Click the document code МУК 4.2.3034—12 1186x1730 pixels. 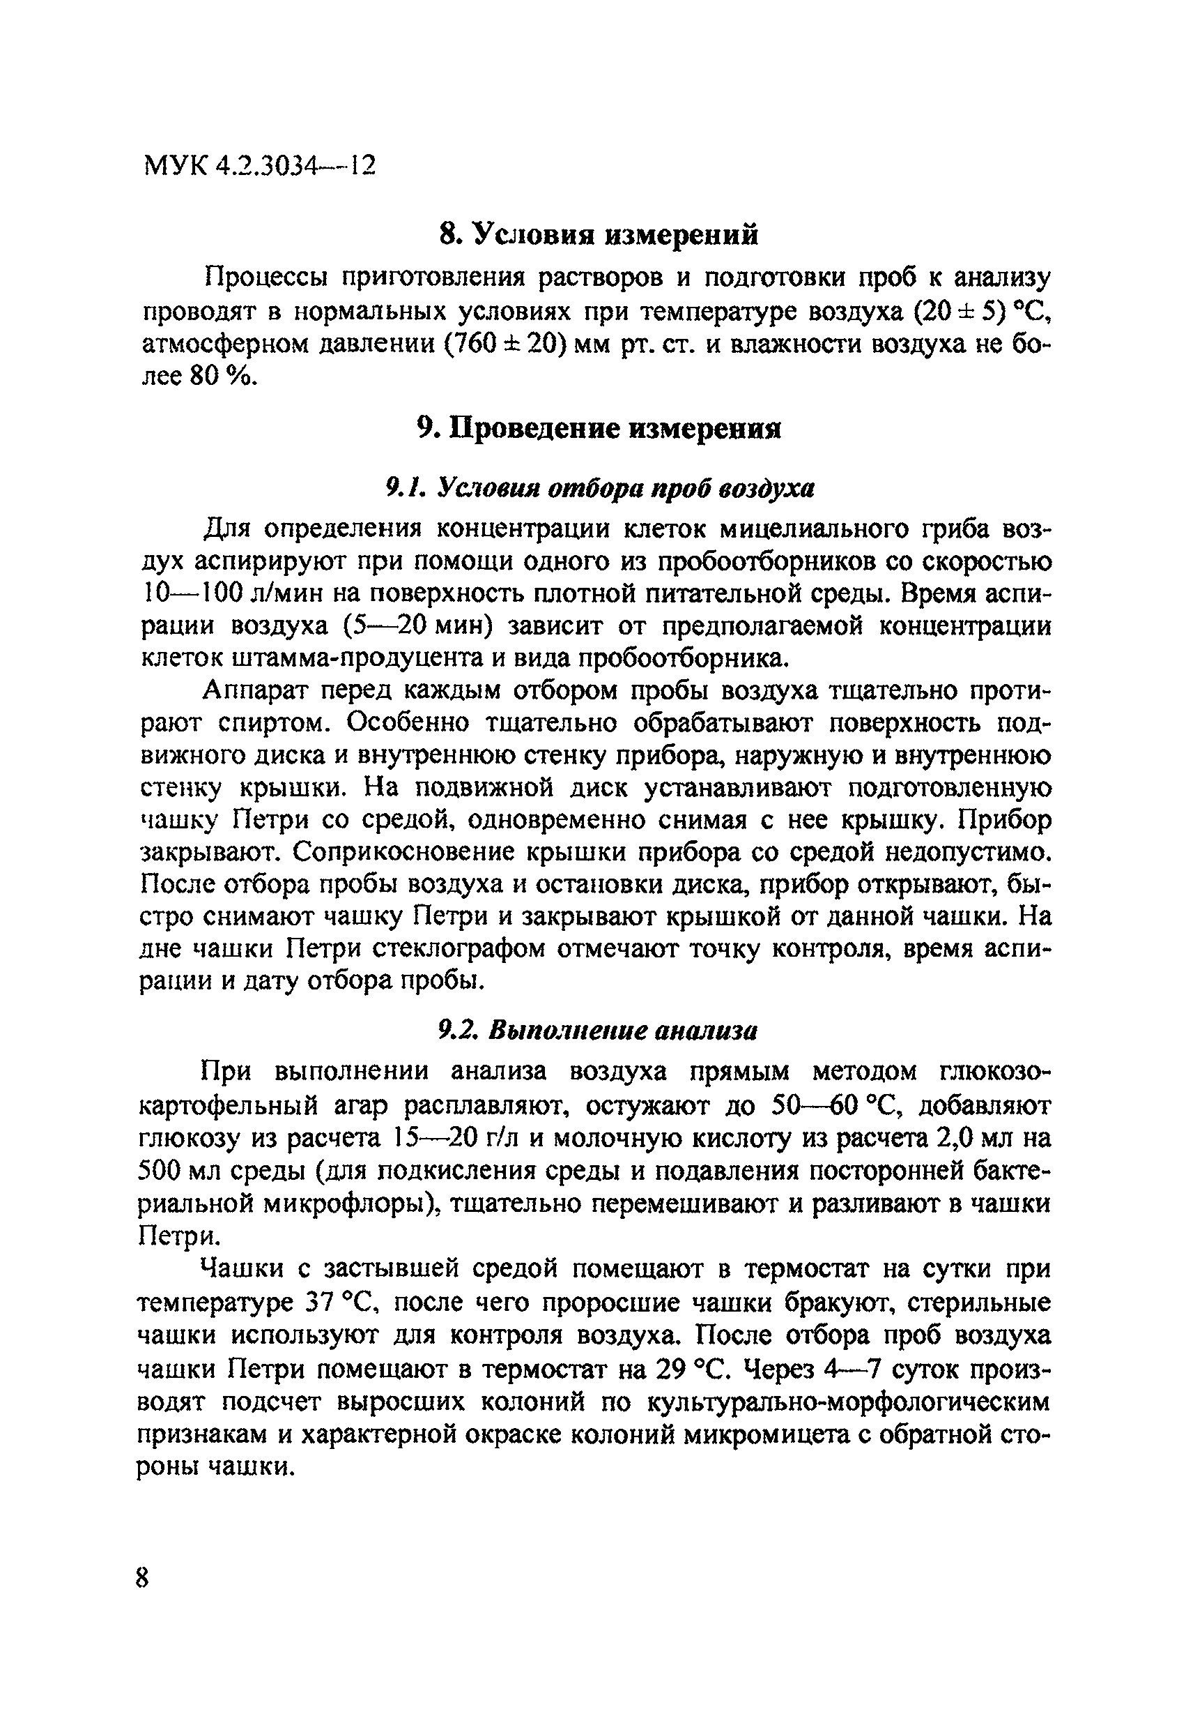pos(259,165)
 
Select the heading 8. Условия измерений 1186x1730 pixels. pos(599,234)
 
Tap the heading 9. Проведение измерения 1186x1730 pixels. pos(599,429)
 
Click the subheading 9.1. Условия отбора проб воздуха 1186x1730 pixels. pos(600,488)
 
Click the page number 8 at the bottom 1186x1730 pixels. pos(143,1578)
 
